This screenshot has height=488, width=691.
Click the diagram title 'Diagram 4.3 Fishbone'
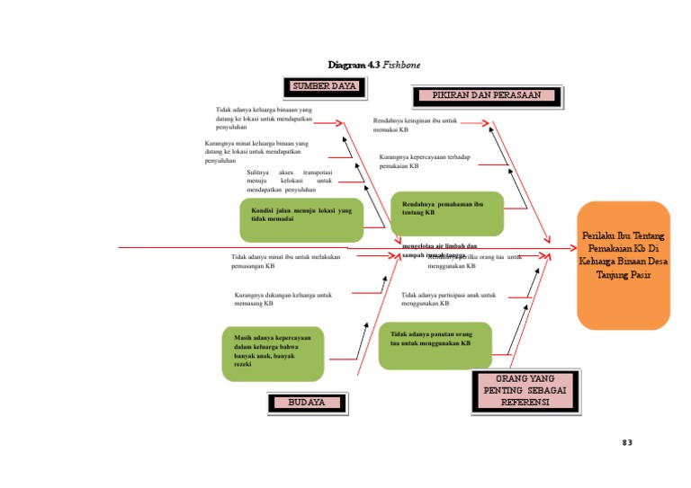click(x=373, y=65)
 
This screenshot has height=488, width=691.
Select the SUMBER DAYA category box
click(x=325, y=87)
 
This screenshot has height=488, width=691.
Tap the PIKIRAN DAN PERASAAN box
click(x=487, y=95)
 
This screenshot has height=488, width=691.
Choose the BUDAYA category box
click(x=306, y=403)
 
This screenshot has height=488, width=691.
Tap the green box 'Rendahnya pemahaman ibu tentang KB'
click(x=446, y=213)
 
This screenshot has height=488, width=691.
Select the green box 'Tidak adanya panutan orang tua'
click(x=435, y=345)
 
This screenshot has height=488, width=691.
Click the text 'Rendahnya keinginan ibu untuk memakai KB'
click(x=416, y=125)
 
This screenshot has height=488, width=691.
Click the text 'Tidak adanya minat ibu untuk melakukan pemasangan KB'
click(x=285, y=262)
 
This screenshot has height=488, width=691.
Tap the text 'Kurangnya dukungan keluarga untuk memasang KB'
click(x=283, y=299)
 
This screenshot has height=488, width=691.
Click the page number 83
click(x=628, y=443)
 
